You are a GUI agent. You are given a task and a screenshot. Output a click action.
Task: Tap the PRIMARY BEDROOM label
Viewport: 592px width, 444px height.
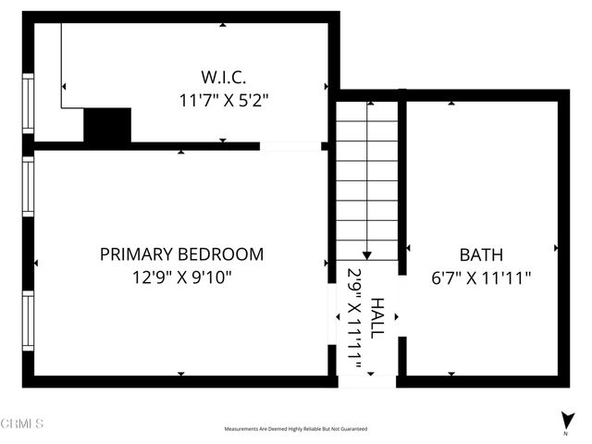(x=181, y=254)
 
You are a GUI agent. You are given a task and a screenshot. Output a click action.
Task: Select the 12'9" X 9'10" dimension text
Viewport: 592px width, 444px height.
(x=181, y=276)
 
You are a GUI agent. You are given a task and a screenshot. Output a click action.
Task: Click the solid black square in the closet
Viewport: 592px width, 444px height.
(x=107, y=127)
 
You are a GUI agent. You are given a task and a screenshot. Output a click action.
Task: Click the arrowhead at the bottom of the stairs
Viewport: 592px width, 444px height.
(x=367, y=254)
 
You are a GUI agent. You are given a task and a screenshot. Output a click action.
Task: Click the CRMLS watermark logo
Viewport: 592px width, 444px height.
(x=22, y=424)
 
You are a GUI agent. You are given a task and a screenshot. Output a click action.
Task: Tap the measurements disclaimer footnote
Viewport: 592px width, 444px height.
(x=296, y=429)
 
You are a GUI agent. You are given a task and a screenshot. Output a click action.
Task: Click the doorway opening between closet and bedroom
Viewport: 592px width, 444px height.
(x=290, y=145)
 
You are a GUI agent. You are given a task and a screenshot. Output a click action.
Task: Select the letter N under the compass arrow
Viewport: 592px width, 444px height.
(x=565, y=433)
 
